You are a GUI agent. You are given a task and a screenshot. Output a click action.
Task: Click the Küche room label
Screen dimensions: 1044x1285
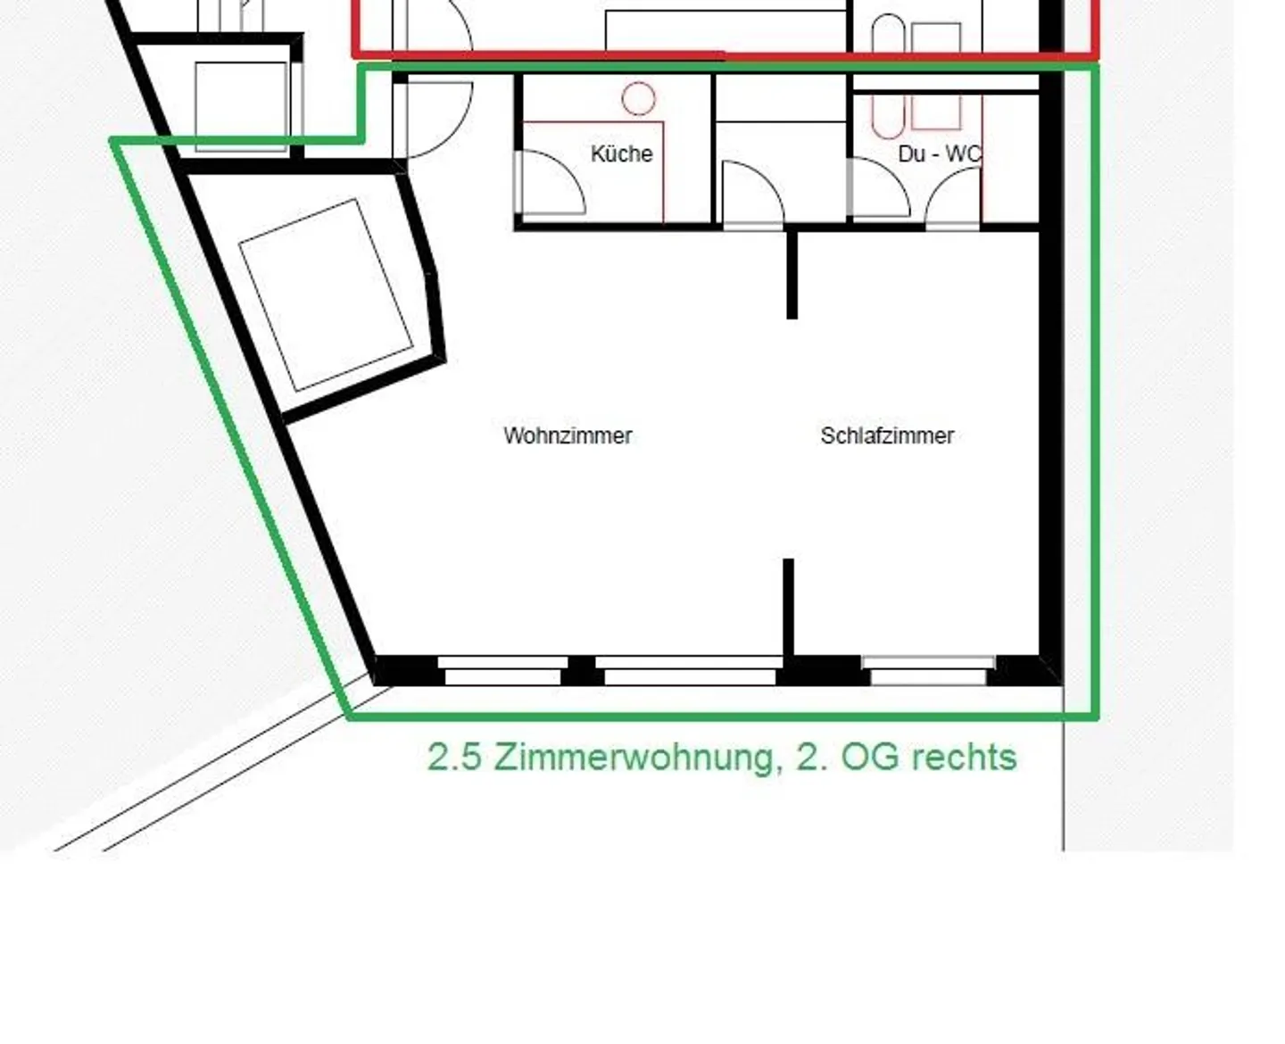pos(621,153)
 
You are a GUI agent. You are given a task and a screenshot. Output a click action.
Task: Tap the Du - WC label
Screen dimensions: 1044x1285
pos(939,154)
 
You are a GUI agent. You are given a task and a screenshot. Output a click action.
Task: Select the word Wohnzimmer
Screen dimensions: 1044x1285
pos(568,435)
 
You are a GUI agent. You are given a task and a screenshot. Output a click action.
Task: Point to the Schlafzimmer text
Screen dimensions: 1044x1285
pos(887,435)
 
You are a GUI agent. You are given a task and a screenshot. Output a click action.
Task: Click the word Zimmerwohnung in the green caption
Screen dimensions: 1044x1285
pos(633,757)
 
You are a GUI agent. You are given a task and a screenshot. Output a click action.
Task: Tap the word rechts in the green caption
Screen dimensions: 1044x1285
pos(965,757)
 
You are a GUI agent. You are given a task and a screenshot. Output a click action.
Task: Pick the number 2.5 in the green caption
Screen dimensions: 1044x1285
pos(454,757)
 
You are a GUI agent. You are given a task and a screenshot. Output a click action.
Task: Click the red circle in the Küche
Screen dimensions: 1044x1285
pos(638,98)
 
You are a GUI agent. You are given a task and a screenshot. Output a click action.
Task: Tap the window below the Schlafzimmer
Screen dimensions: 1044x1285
pos(929,670)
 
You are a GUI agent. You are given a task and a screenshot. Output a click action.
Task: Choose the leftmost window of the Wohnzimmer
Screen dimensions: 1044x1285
pos(502,670)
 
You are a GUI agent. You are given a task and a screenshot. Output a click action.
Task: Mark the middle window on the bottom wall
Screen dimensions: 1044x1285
pos(689,670)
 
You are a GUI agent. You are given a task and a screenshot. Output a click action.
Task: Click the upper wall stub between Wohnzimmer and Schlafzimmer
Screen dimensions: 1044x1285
pos(792,273)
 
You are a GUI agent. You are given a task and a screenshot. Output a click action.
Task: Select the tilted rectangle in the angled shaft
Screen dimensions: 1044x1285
pos(326,294)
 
